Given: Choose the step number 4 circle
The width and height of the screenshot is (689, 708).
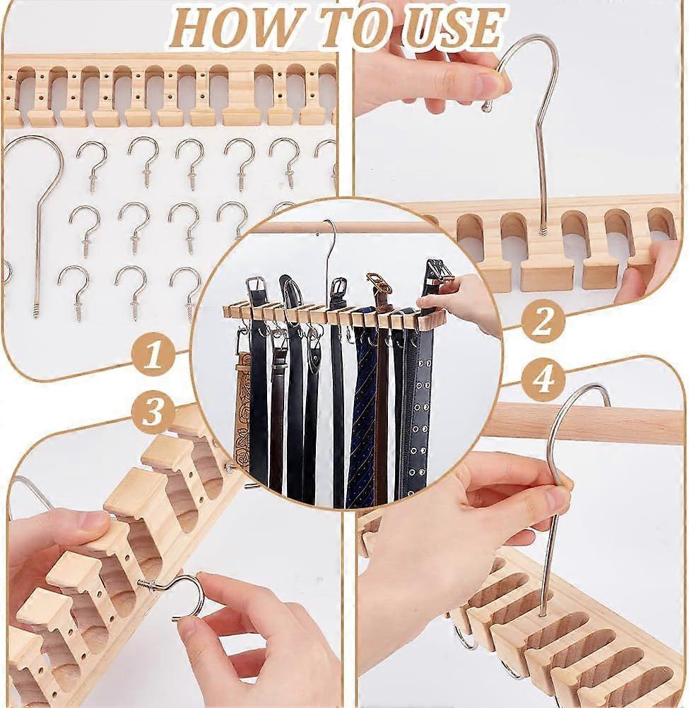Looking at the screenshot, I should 543,381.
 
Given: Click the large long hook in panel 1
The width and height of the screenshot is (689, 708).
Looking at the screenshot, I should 35,212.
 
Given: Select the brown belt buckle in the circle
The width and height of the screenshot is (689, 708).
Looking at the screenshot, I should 378,283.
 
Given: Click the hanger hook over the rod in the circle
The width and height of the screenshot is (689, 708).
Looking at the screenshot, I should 329,233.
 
